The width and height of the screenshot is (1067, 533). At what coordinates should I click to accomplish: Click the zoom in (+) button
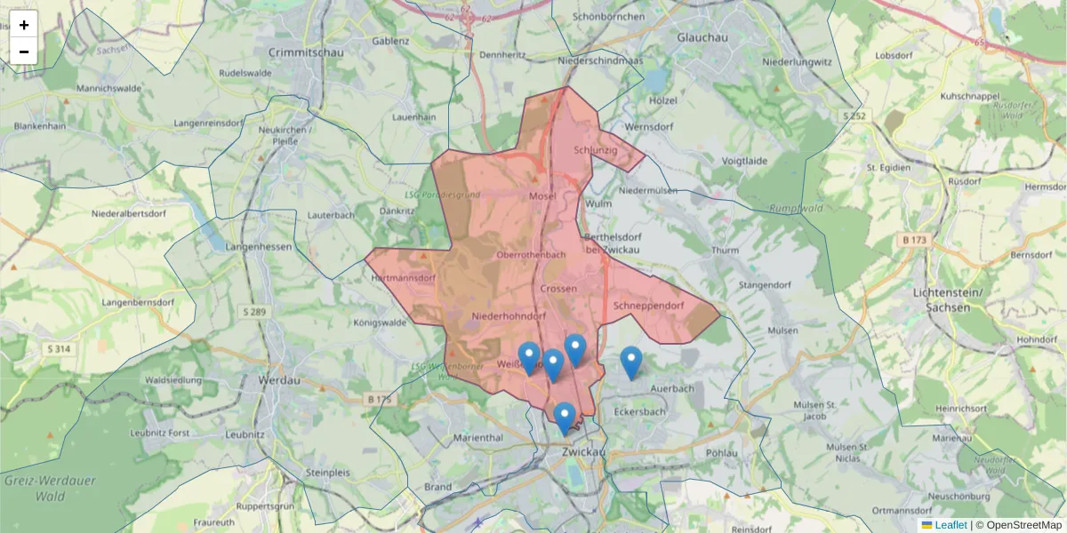23,25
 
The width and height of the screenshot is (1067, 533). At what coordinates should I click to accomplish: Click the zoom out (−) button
23,52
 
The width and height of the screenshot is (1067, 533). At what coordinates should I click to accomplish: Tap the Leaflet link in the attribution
950,525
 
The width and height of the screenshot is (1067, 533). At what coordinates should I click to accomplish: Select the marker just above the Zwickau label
564,418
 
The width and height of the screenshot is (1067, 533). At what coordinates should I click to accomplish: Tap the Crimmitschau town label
305,52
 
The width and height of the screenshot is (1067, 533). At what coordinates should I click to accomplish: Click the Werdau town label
278,380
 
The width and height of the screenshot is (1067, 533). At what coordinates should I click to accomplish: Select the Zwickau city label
583,452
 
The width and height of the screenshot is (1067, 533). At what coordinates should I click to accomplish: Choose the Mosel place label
542,196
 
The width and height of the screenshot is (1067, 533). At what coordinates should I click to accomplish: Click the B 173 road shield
915,240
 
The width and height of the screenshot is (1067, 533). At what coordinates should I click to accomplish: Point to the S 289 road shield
253,312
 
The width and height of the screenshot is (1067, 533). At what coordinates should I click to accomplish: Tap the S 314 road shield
59,349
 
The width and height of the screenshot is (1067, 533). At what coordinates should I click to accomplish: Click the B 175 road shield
378,400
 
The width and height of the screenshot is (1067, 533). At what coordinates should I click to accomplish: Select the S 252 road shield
854,115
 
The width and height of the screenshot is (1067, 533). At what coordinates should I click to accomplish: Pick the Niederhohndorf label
508,315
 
